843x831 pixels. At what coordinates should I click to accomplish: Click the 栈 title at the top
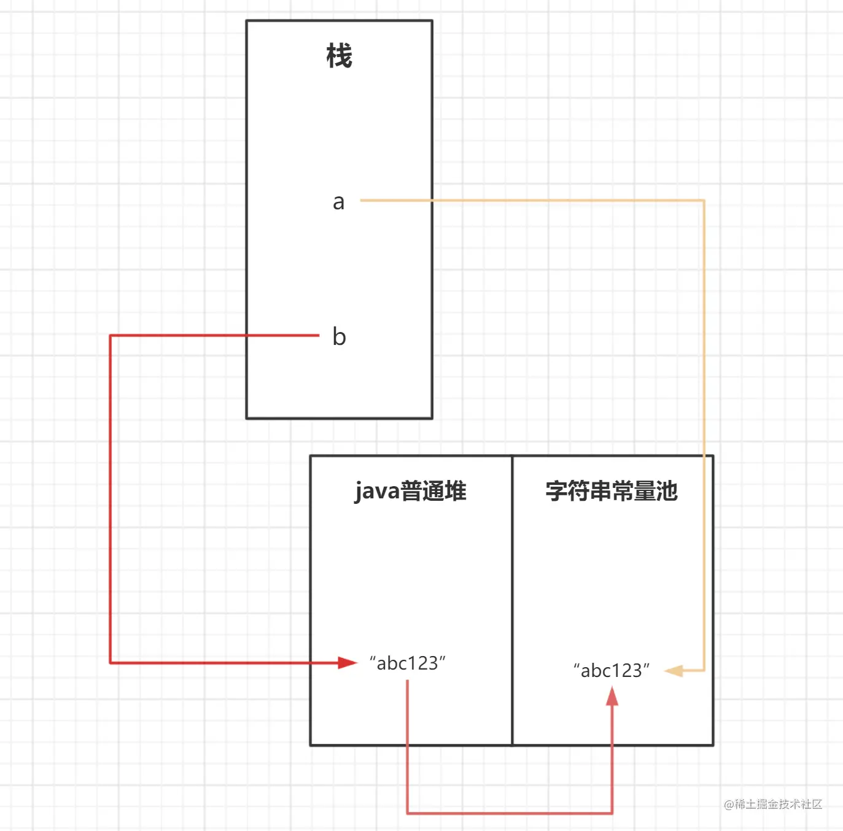coord(339,56)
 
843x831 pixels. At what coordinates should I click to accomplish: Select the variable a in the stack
coord(338,202)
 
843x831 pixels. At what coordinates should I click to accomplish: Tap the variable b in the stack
coord(339,336)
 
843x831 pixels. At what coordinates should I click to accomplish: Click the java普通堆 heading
coord(410,492)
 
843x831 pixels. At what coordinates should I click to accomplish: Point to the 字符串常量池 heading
coord(612,491)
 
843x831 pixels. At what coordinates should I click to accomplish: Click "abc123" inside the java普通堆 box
coord(408,663)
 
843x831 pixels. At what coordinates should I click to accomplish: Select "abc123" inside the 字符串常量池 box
coord(612,671)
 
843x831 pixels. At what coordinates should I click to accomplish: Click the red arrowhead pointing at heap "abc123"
coord(348,663)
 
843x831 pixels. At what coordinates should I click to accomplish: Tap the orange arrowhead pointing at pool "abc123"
coord(674,671)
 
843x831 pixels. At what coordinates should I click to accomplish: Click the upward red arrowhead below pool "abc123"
coord(612,696)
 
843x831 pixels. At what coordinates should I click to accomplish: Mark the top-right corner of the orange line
coord(704,200)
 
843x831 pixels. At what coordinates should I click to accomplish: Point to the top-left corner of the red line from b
coord(111,335)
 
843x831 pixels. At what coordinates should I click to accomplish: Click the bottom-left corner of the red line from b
coord(111,663)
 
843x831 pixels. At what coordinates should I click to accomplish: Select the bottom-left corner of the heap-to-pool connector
coord(408,813)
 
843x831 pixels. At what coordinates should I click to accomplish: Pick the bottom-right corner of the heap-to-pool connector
coord(612,813)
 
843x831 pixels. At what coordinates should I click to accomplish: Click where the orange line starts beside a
coord(362,200)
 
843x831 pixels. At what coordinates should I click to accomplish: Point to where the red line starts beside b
coord(318,335)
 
